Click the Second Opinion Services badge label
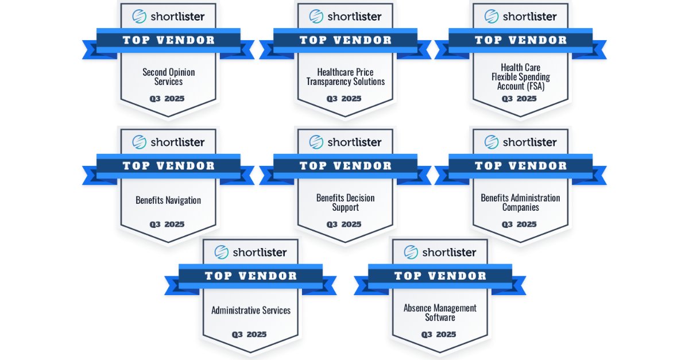[x=168, y=77]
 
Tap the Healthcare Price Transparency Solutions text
[x=344, y=77]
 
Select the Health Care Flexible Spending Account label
[x=520, y=77]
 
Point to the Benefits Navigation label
[x=168, y=200]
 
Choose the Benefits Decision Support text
[x=345, y=203]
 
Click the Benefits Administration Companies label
[x=520, y=203]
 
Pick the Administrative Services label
[x=251, y=311]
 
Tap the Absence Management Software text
[x=440, y=313]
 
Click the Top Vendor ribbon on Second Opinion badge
[x=168, y=40]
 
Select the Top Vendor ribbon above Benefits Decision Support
[x=345, y=166]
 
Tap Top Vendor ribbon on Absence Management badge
[x=440, y=276]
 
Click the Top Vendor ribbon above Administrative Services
[x=251, y=276]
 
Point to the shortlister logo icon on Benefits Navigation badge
[x=139, y=142]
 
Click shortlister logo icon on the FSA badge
[x=491, y=16]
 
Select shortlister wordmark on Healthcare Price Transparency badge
[x=354, y=17]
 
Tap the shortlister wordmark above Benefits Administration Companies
[x=529, y=142]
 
